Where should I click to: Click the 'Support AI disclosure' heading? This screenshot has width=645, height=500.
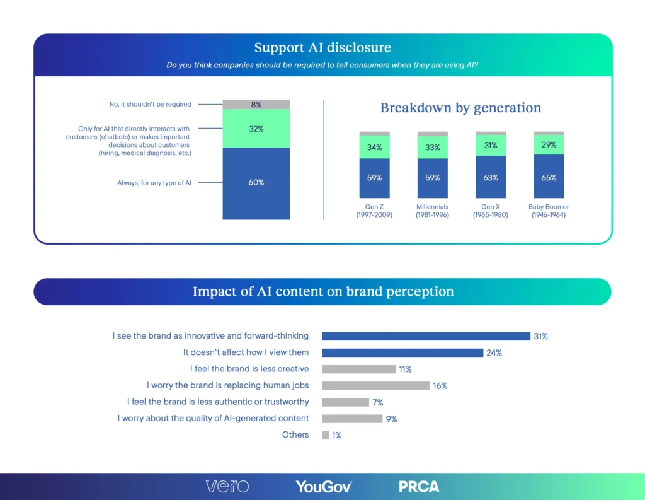coord(322,48)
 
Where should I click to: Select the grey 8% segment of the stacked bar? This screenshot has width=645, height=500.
coord(256,105)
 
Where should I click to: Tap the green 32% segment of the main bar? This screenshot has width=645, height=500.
coord(256,129)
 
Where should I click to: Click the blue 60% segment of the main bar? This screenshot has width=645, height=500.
coord(256,183)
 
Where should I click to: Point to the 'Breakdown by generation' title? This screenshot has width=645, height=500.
coord(460,108)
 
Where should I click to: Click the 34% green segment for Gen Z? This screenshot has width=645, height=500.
coord(374,148)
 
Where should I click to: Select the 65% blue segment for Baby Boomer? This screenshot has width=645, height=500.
coord(549,177)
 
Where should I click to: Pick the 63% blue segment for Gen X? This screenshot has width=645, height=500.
coord(491,177)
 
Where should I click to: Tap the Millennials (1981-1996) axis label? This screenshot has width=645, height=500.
coord(432,211)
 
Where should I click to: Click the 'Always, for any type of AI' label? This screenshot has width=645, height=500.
coord(154,183)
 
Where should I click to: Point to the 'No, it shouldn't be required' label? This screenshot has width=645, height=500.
coord(150,104)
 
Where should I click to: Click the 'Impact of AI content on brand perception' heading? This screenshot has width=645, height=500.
coord(322,292)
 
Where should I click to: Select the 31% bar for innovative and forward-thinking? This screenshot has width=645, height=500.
coord(426,336)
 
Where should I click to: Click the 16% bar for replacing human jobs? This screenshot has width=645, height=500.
coord(375,385)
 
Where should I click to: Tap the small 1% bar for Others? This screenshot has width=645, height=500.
coord(325,435)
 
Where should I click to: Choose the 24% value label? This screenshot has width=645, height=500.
coord(494,353)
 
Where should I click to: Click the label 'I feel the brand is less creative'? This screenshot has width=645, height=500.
coord(249,369)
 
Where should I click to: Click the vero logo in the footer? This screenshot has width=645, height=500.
coord(227,486)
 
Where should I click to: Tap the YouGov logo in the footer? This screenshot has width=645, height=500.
coord(324,486)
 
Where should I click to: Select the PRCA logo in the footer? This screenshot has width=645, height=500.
coord(419,486)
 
